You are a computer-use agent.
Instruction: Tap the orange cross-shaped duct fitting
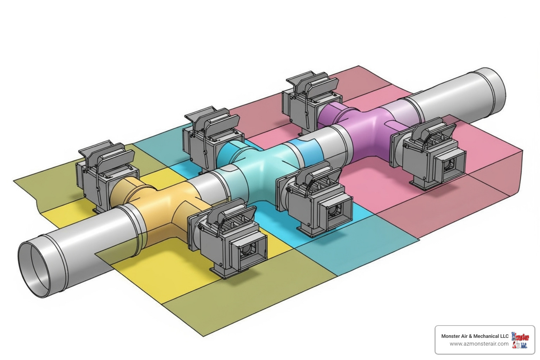click(x=158, y=207)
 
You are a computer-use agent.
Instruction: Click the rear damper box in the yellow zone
click(x=105, y=176)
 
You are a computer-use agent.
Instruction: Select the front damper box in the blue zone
click(x=316, y=200)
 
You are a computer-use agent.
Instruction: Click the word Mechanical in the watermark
click(x=487, y=336)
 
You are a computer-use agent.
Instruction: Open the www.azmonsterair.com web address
click(x=479, y=344)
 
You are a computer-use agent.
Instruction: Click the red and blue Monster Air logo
click(x=520, y=340)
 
